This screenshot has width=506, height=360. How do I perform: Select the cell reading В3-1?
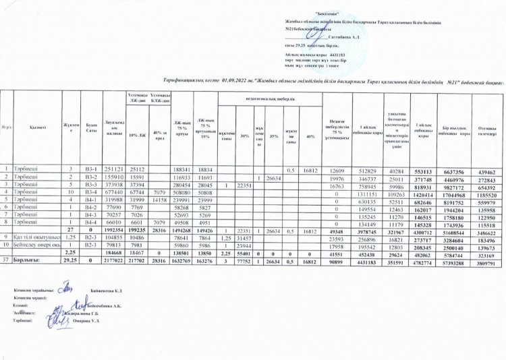[x=91, y=169]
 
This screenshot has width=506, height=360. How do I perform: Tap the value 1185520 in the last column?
[x=484, y=191]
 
